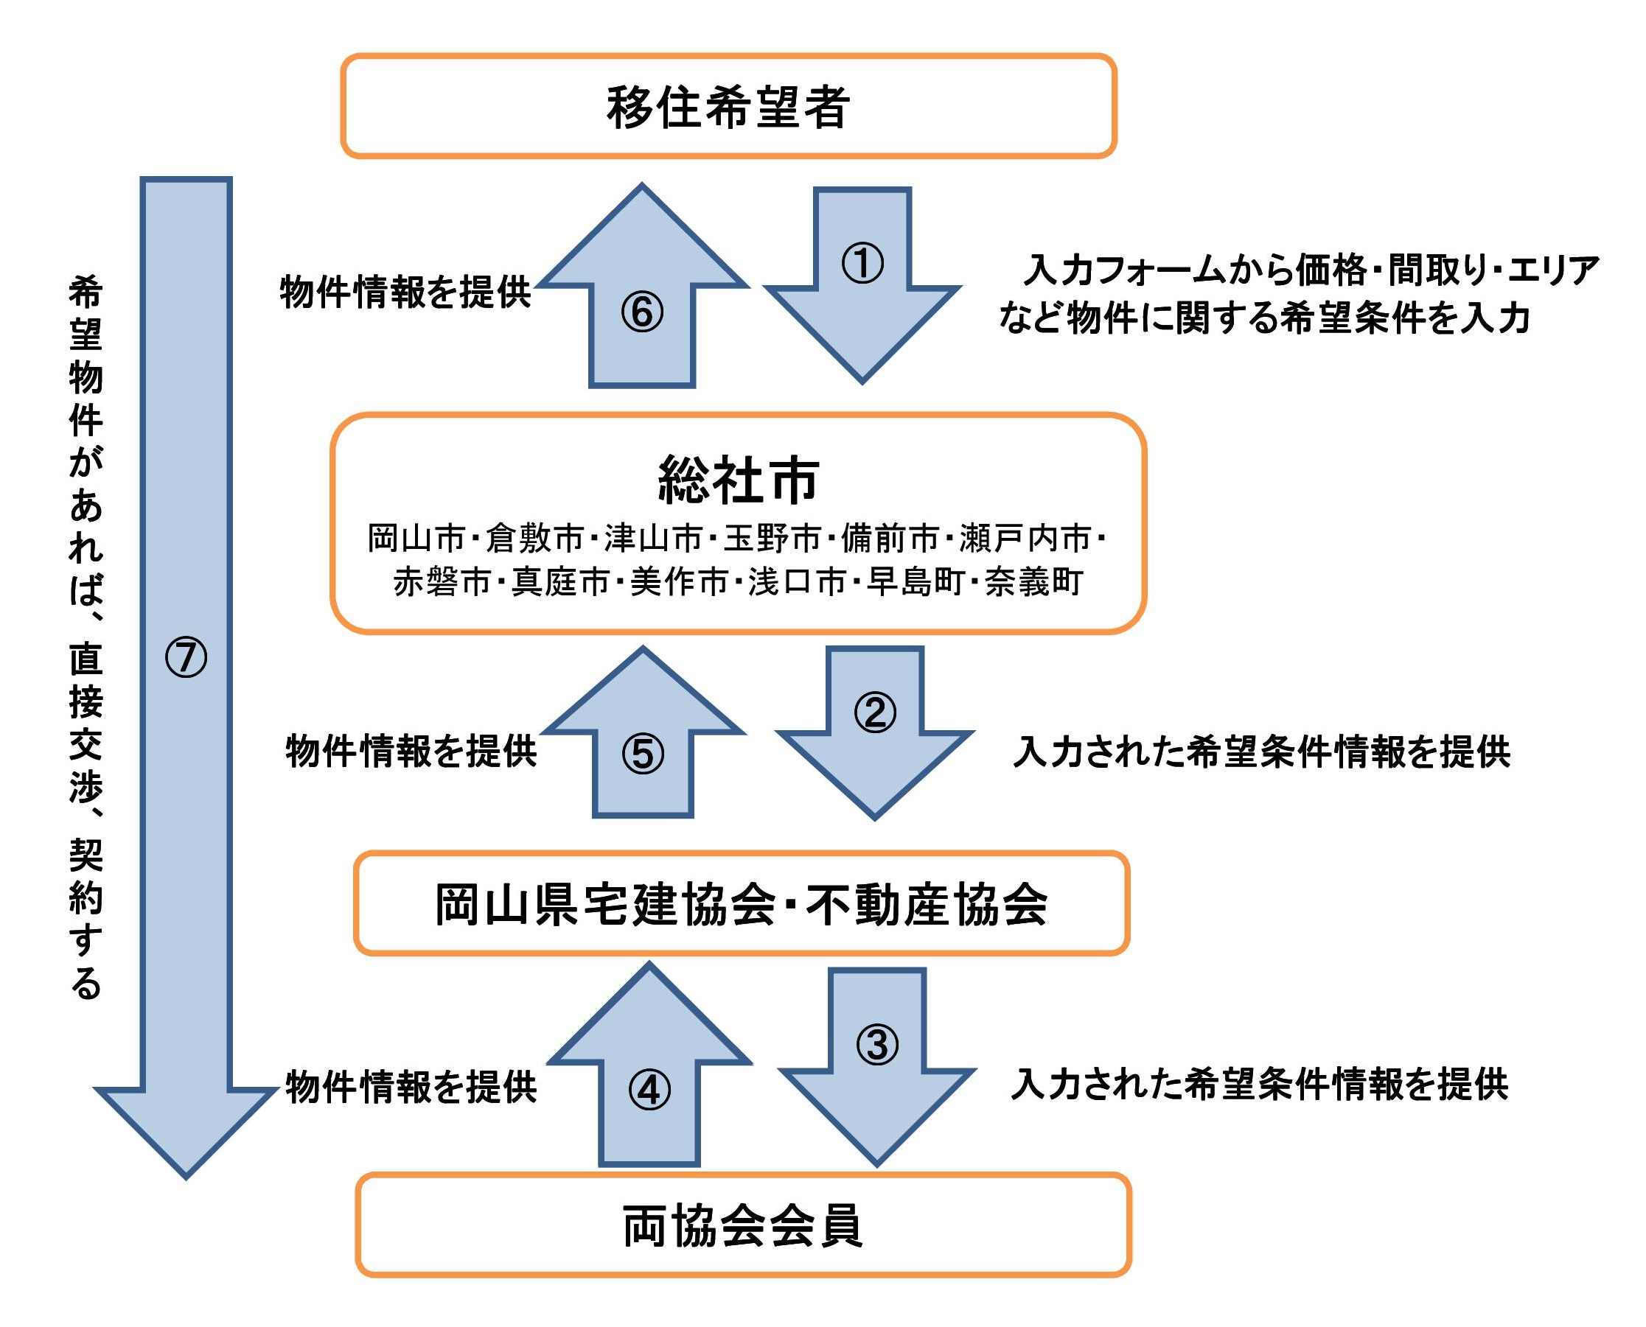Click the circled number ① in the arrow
pyautogui.click(x=862, y=264)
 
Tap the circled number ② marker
pyautogui.click(x=875, y=712)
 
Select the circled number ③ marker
pyautogui.click(x=877, y=1044)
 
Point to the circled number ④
pyautogui.click(x=649, y=1090)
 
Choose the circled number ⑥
pyautogui.click(x=642, y=312)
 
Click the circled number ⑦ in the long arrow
pyautogui.click(x=186, y=658)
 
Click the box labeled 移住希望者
pyautogui.click(x=728, y=107)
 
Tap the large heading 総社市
pyautogui.click(x=738, y=480)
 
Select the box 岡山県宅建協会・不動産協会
pyautogui.click(x=741, y=905)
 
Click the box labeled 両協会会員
pyautogui.click(x=742, y=1226)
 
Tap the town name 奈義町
pyautogui.click(x=1033, y=583)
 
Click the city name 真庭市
pyautogui.click(x=559, y=583)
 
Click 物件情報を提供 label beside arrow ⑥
pyautogui.click(x=405, y=292)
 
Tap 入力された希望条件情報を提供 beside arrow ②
pyautogui.click(x=1261, y=752)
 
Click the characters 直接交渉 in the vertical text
pyautogui.click(x=86, y=724)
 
